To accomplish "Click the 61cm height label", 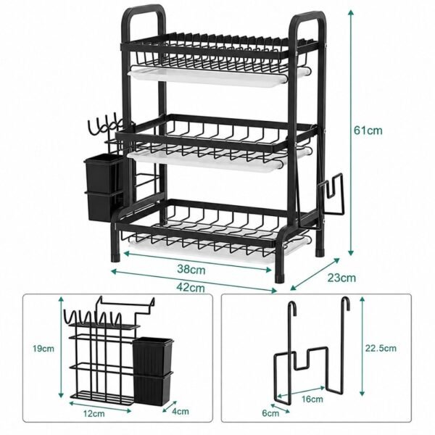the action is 368,130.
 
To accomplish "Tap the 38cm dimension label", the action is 191,269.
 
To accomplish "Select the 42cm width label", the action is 191,288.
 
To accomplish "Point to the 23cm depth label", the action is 341,278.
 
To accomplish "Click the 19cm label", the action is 43,349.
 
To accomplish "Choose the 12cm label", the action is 94,414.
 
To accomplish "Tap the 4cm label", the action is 181,411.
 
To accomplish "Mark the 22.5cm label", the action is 381,348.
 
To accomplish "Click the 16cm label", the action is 312,399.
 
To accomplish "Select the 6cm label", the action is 270,413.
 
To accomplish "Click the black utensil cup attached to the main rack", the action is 103,187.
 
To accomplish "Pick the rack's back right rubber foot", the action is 320,253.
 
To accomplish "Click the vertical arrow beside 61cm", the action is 351,133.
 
